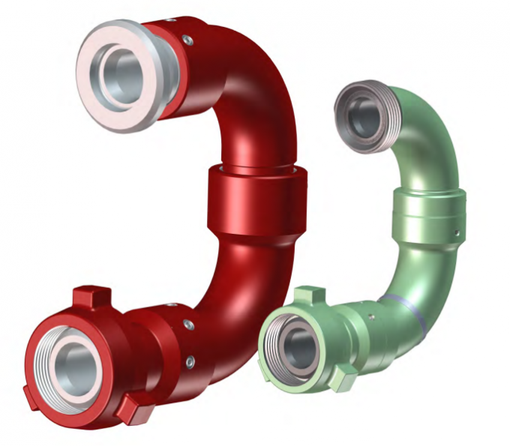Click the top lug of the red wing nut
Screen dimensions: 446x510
pos(92,297)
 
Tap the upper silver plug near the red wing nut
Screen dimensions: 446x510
pos(188,325)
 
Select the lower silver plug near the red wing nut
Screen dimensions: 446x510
pos(190,363)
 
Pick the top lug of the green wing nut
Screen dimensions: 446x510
pos(307,295)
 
